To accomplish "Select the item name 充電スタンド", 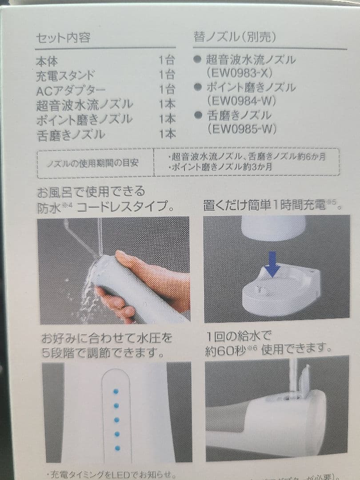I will [65, 76].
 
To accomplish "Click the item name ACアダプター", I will [71, 90].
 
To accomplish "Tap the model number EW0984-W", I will [242, 101].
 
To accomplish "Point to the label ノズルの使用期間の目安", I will [93, 163].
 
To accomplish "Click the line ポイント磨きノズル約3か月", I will [220, 167].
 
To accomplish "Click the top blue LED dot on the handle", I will [116, 391].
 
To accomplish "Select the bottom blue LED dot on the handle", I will [117, 448].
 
